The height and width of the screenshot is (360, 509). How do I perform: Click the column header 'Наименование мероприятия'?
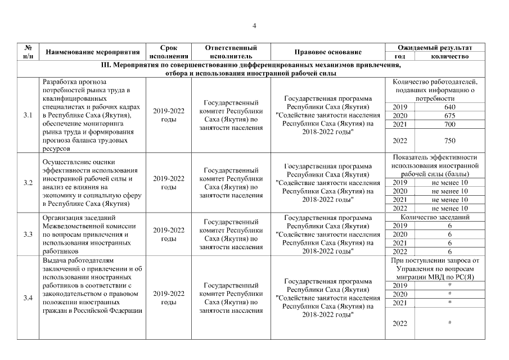point(92,52)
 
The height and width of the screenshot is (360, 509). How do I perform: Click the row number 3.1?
point(28,115)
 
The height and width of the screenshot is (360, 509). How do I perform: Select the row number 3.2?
point(28,183)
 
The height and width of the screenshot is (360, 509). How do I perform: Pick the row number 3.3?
point(28,235)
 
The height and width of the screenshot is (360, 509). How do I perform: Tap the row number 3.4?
point(28,298)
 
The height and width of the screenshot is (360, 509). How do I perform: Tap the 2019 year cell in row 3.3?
point(399,226)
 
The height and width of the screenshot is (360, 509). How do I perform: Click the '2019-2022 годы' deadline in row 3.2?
point(169,183)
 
